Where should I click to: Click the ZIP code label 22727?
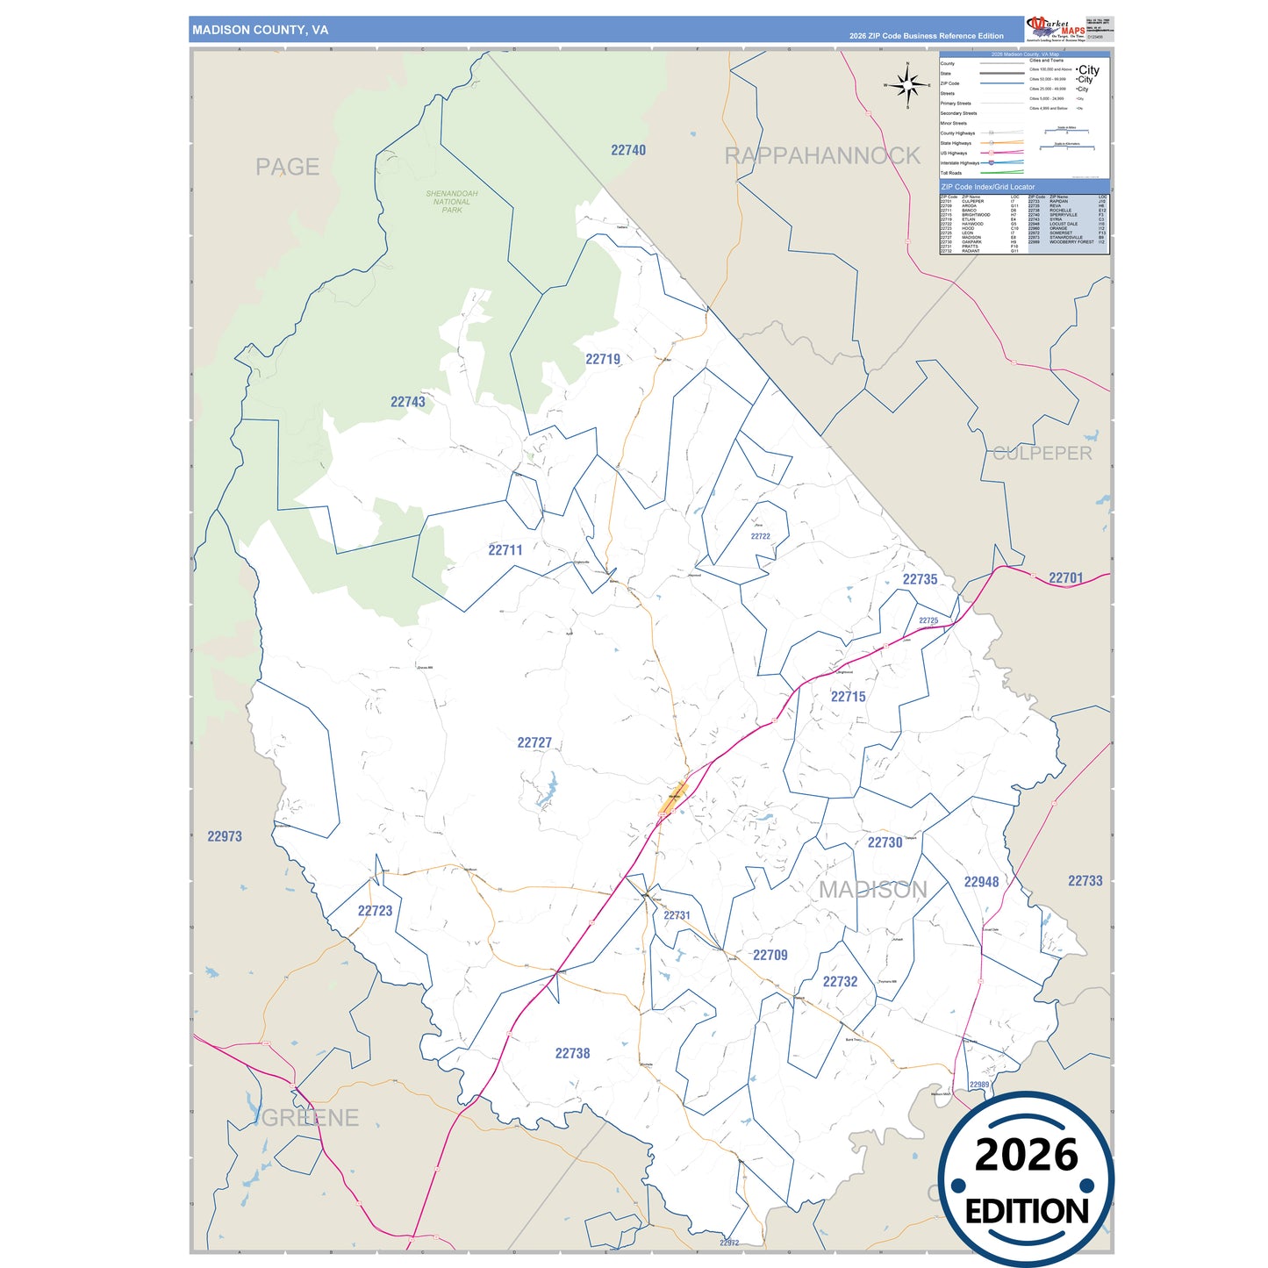[534, 742]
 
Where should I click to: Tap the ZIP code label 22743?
[407, 402]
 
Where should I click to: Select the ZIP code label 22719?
[603, 359]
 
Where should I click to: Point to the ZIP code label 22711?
[505, 550]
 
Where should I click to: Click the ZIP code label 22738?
[572, 1053]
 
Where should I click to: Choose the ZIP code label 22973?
[225, 836]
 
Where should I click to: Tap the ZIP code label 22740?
[628, 150]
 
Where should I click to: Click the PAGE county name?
[287, 167]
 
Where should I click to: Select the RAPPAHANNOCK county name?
[822, 156]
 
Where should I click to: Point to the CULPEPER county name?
[1042, 454]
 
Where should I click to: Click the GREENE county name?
[311, 1118]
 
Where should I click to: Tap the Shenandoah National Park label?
[452, 202]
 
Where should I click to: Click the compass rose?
[908, 85]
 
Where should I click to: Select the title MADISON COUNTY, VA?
[261, 30]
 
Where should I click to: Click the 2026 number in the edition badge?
[1026, 1155]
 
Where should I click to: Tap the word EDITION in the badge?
[1027, 1212]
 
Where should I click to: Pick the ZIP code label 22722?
[760, 536]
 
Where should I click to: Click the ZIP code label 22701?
[1065, 578]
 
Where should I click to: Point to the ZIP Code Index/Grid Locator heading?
[988, 187]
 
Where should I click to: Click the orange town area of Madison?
[677, 797]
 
